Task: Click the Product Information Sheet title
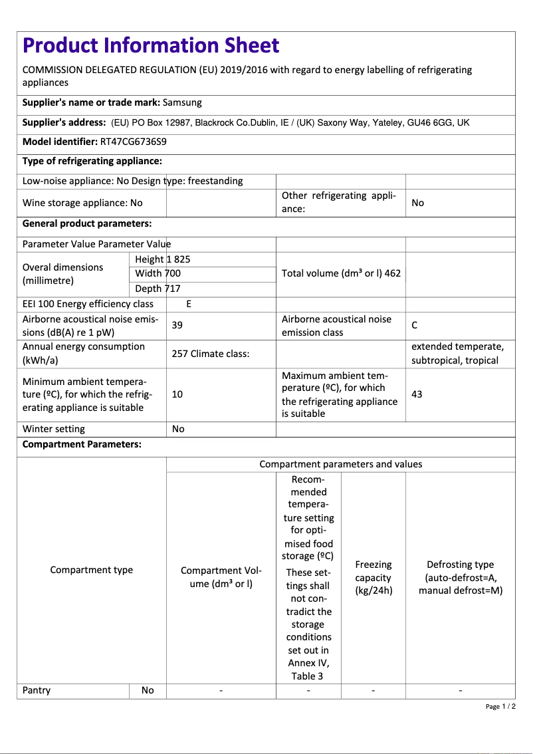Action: pyautogui.click(x=151, y=45)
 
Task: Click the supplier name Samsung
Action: pyautogui.click(x=182, y=102)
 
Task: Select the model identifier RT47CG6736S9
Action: pyautogui.click(x=133, y=142)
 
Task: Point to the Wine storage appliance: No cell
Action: pyautogui.click(x=82, y=203)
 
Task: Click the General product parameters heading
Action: pyautogui.click(x=87, y=223)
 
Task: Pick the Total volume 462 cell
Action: pyautogui.click(x=341, y=273)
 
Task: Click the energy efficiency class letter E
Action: pyautogui.click(x=189, y=304)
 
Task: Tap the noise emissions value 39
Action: pyautogui.click(x=177, y=325)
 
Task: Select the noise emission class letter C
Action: pyautogui.click(x=415, y=325)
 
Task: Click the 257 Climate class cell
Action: pyautogui.click(x=210, y=354)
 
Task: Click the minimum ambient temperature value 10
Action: pyautogui.click(x=177, y=394)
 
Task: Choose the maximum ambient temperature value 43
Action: pyautogui.click(x=417, y=394)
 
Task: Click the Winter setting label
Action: pyautogui.click(x=54, y=429)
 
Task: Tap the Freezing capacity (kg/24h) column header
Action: pyautogui.click(x=373, y=577)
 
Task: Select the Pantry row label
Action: pyautogui.click(x=37, y=690)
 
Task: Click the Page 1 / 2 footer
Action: pyautogui.click(x=500, y=706)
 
